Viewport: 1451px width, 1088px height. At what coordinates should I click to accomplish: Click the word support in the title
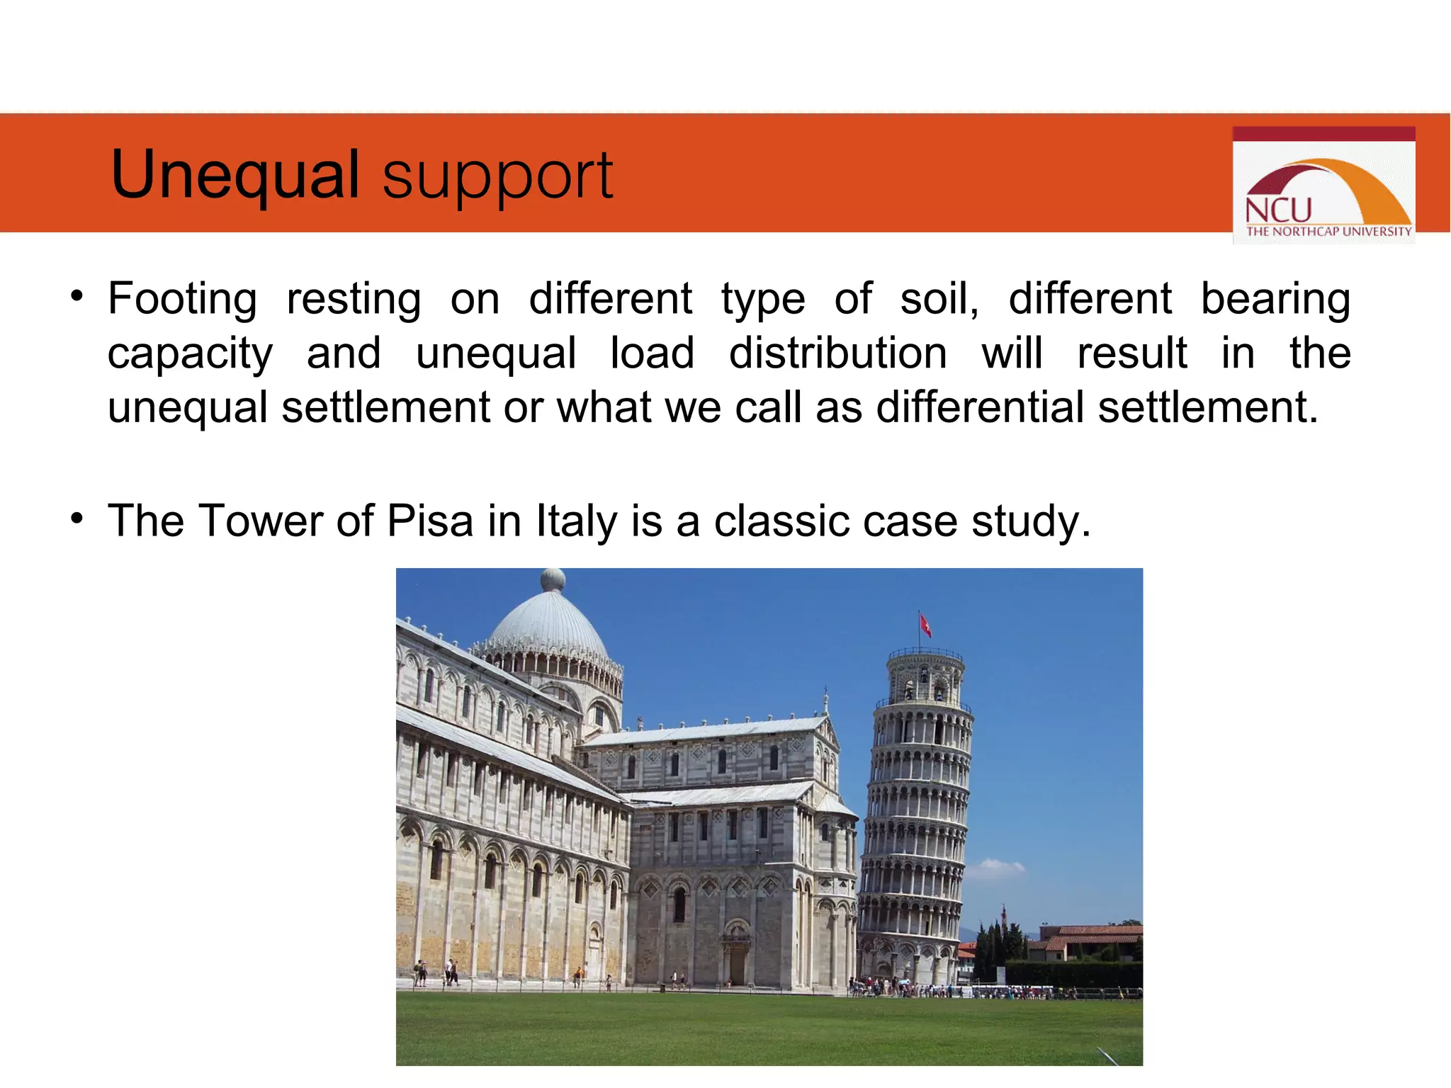click(x=497, y=177)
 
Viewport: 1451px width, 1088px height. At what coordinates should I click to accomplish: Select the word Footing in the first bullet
click(x=182, y=299)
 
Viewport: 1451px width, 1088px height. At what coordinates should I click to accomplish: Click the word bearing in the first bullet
click(x=1275, y=299)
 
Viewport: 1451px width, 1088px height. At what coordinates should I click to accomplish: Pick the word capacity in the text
click(x=190, y=354)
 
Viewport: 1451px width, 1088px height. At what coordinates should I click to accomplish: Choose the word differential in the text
click(x=980, y=407)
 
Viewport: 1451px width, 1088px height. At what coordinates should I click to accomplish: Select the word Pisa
click(x=430, y=521)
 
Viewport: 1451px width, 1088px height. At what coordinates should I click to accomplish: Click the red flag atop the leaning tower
click(x=925, y=625)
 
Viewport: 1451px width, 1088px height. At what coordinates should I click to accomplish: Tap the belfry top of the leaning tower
click(x=924, y=676)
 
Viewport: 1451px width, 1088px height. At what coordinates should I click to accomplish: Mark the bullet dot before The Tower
click(x=77, y=518)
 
